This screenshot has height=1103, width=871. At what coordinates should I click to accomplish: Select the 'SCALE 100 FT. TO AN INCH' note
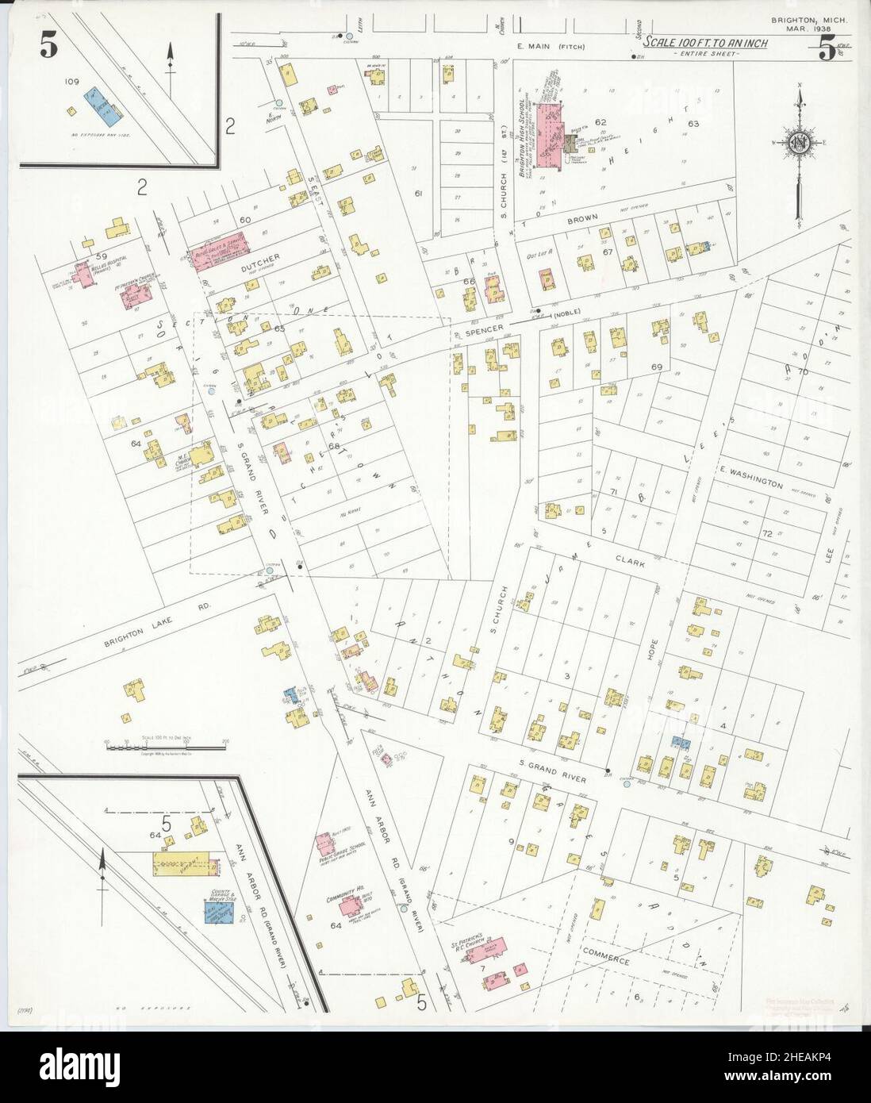[704, 43]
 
